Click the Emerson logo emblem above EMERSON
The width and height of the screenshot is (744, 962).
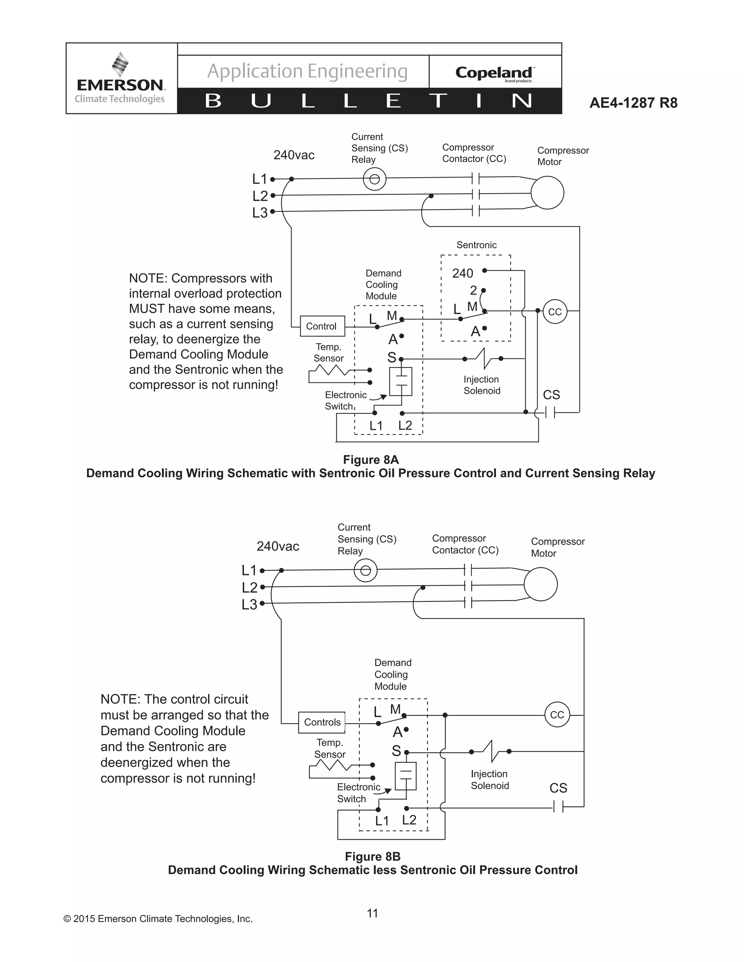click(x=120, y=64)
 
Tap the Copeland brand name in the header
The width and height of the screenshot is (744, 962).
click(x=494, y=72)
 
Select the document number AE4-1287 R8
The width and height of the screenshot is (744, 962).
click(x=633, y=103)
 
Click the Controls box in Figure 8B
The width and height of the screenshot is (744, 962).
click(x=322, y=722)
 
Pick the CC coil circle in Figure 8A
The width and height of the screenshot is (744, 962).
click(x=554, y=312)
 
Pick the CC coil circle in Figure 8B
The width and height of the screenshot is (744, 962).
click(x=557, y=715)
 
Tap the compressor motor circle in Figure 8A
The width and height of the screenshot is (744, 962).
click(x=547, y=192)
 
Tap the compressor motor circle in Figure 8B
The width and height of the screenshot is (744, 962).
click(x=541, y=584)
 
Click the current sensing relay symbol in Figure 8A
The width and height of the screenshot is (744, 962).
click(x=374, y=179)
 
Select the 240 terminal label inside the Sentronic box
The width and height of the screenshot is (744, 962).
click(x=462, y=274)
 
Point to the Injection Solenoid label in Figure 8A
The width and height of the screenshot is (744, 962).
click(x=481, y=385)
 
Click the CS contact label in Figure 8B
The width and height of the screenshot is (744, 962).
click(x=558, y=788)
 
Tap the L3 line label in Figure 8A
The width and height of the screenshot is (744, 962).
click(x=260, y=213)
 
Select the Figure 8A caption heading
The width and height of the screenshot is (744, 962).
click(x=371, y=460)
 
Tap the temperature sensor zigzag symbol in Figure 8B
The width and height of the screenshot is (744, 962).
click(x=331, y=767)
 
